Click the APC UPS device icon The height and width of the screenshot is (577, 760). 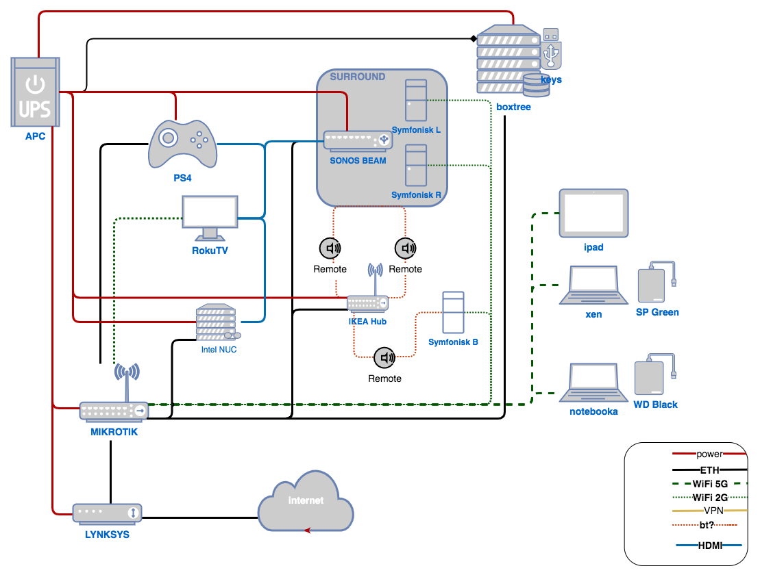pos(35,93)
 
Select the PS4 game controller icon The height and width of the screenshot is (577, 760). pos(182,143)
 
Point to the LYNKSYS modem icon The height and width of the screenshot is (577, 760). pos(108,512)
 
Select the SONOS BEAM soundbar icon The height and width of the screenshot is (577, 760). pos(356,142)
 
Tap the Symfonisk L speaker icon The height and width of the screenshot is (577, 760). pos(416,101)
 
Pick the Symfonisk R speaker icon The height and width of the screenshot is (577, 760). pos(416,165)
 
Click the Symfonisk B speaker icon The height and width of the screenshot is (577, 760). pos(453,313)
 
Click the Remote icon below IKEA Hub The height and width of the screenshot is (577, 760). pos(384,357)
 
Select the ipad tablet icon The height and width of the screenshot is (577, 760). pos(593,212)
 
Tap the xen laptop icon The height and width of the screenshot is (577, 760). pos(593,285)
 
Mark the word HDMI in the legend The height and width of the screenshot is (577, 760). pos(709,546)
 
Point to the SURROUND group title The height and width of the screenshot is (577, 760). pos(358,77)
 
